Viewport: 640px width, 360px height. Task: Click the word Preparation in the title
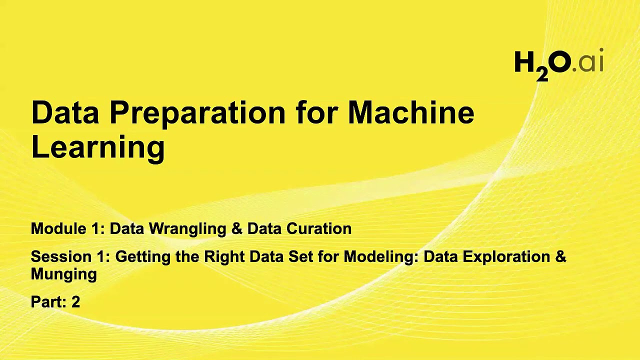(x=197, y=113)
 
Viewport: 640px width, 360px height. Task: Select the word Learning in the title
(x=98, y=147)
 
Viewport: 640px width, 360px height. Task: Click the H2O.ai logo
(x=558, y=64)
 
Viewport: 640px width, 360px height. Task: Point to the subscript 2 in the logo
(x=542, y=74)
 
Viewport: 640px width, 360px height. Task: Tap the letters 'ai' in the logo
(x=591, y=62)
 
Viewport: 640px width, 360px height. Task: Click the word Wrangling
(x=187, y=229)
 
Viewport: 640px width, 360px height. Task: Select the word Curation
(x=319, y=228)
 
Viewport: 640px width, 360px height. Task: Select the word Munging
(x=63, y=274)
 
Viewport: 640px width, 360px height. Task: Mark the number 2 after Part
(x=75, y=302)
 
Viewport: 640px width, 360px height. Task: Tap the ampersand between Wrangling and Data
(x=236, y=229)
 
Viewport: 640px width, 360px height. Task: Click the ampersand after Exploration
(x=560, y=257)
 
